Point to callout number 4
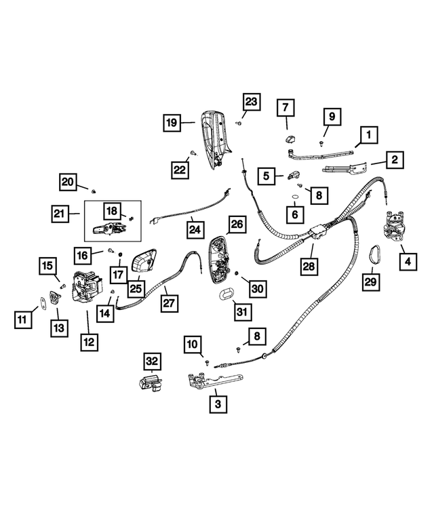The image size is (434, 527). [409, 260]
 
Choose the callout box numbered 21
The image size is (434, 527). [61, 215]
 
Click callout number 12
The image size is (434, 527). [88, 342]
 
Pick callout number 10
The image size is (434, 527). [193, 345]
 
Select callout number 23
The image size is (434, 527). [251, 102]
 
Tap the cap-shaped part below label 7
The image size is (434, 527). [287, 138]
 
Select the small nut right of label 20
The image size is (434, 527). [94, 187]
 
